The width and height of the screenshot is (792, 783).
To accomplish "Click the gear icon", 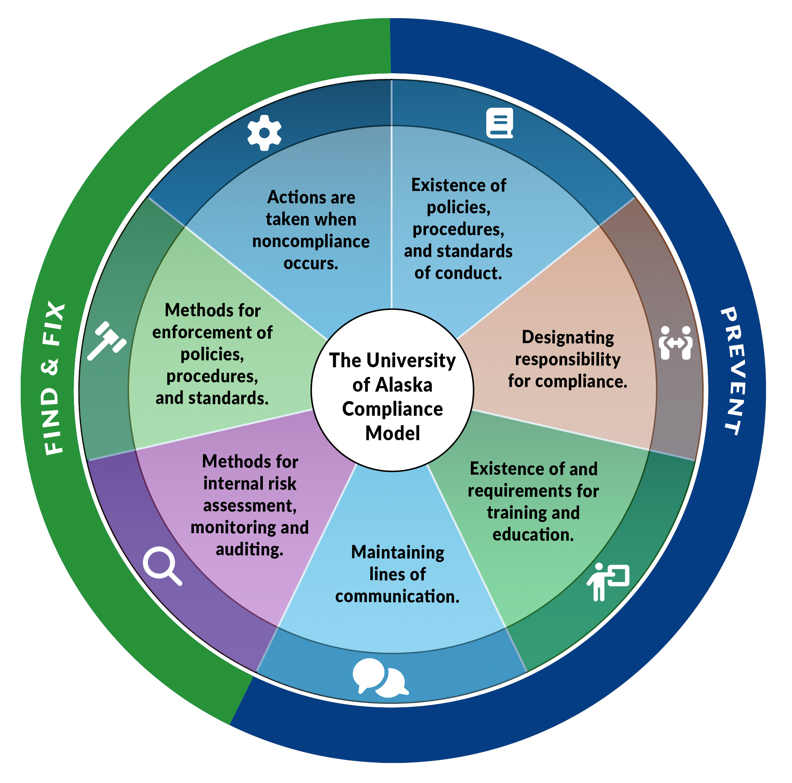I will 264,133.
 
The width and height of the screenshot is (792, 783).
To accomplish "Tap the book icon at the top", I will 500,123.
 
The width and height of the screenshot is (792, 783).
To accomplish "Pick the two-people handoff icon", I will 675,343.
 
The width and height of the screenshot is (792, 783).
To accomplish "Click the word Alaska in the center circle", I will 404,385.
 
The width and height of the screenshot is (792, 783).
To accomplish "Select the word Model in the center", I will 393,434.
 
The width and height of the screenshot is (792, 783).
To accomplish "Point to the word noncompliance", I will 311,241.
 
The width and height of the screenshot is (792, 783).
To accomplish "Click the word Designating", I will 568,337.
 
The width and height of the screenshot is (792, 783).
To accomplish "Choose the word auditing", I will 249,549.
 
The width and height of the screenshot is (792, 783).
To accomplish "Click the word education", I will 533,535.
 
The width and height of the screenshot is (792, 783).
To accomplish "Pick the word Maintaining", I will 398,553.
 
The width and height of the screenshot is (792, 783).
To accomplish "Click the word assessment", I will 249,506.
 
